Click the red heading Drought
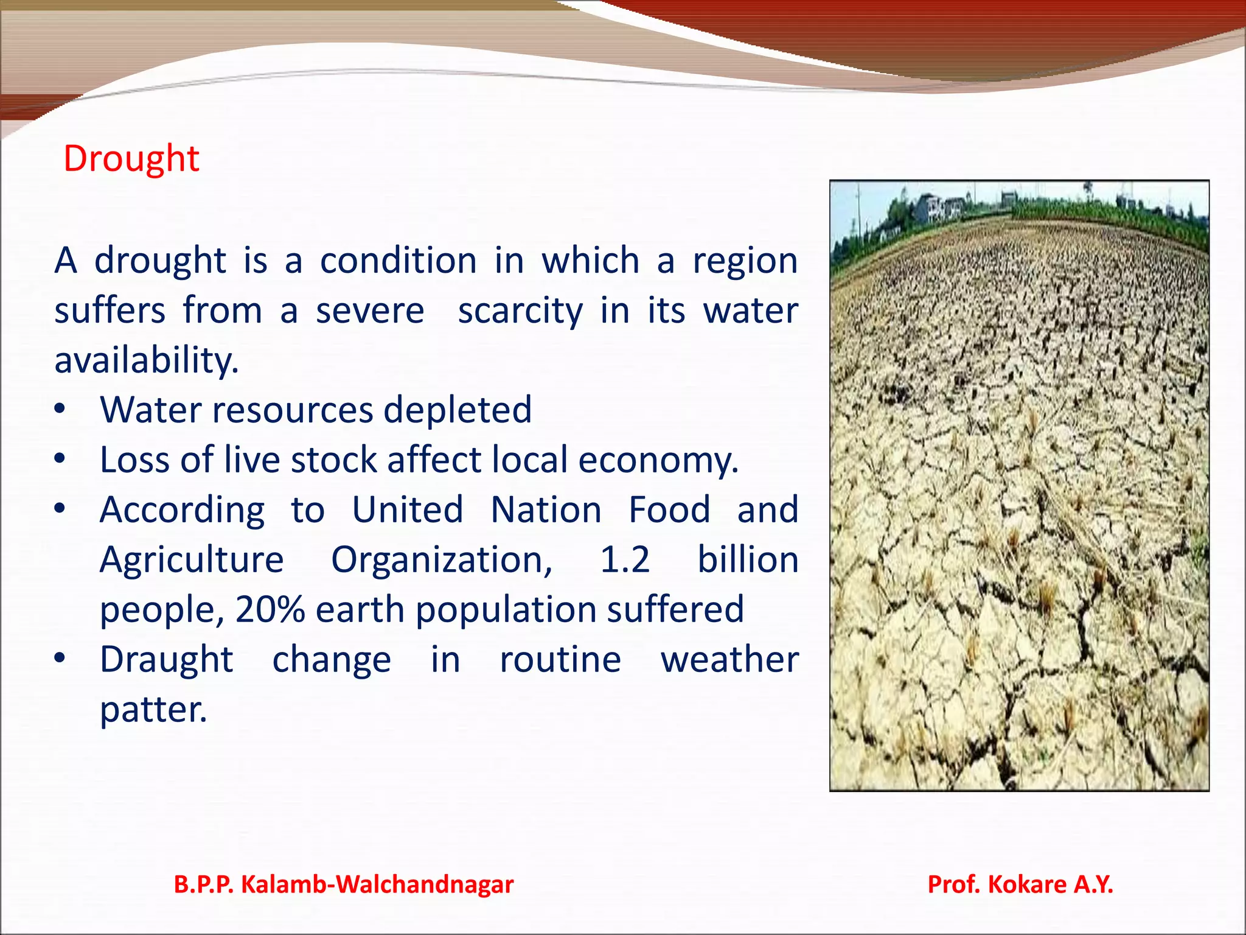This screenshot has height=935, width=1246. [x=131, y=159]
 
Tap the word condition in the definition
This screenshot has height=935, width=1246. [x=398, y=261]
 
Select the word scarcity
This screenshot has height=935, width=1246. [x=520, y=311]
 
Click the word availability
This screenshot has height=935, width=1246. [x=146, y=360]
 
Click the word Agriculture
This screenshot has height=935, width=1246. [x=192, y=560]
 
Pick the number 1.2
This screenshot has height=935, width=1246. [x=625, y=560]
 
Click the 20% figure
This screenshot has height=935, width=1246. [x=270, y=609]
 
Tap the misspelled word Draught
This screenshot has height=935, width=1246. [x=166, y=660]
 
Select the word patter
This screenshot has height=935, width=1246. [x=153, y=710]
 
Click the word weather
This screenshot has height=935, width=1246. [x=729, y=660]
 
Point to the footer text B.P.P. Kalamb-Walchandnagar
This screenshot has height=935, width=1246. [x=344, y=884]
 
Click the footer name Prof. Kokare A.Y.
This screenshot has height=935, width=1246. [x=1020, y=884]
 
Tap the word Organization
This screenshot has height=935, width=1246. [x=442, y=560]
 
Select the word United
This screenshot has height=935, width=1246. [x=408, y=510]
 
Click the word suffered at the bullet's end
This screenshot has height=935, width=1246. [x=675, y=609]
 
